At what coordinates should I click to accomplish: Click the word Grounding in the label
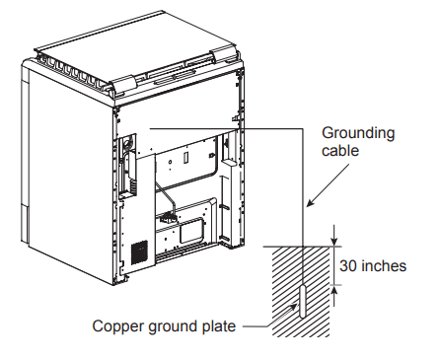pos(358,134)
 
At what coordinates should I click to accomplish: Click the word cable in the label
pos(340,151)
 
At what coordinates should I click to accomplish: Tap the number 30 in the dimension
pos(348,265)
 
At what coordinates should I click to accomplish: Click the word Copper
pos(118,326)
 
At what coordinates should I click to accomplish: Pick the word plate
pos(219,326)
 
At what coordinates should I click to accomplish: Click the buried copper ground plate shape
pos(303,302)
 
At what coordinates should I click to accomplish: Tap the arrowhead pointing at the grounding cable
pos(310,203)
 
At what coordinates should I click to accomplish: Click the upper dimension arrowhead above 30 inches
pos(334,242)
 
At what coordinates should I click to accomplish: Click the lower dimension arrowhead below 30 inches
pos(334,290)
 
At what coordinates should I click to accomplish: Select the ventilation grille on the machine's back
pos(140,252)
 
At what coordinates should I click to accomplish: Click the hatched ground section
pos(301,291)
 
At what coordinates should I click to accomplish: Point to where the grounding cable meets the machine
pos(150,128)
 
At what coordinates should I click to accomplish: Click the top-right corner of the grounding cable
pos(303,128)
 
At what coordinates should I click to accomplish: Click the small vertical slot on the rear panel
pos(185,157)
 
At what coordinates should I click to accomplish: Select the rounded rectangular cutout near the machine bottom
pos(191,231)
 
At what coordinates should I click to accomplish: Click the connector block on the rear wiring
pos(169,217)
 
